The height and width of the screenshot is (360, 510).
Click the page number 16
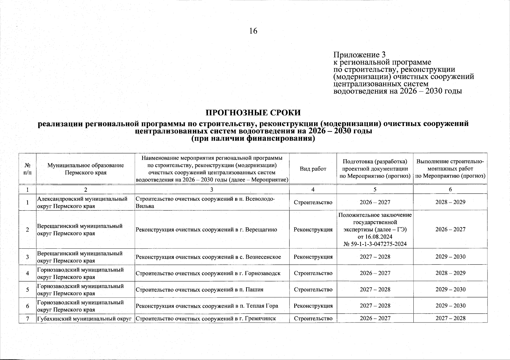point(253,31)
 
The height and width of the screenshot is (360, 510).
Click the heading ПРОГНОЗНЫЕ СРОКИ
point(253,113)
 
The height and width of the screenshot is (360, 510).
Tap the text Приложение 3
point(360,55)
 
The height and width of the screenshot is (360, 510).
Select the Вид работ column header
point(313,169)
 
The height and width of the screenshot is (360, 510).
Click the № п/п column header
point(27,169)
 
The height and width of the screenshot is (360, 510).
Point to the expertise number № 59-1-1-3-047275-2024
point(375,244)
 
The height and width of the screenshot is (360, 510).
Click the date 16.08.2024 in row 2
point(375,237)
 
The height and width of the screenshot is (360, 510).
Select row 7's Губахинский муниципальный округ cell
point(85,318)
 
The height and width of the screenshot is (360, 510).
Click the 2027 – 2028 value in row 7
point(450,318)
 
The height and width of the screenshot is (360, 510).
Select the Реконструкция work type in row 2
point(313,230)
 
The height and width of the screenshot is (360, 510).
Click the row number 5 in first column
point(27,290)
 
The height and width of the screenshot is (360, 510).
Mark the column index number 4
point(313,190)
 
